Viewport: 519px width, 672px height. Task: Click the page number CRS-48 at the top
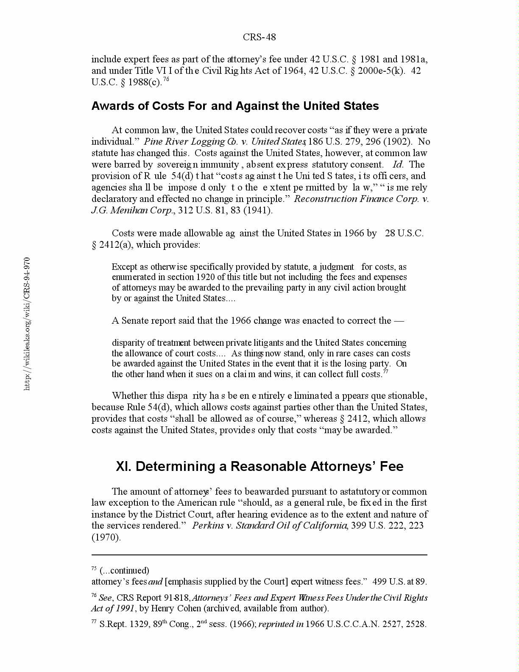point(259,37)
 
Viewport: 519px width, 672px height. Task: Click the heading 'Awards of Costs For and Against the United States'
point(235,106)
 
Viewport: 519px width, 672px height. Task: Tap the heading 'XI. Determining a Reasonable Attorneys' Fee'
point(259,466)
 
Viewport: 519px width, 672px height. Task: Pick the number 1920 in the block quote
point(206,277)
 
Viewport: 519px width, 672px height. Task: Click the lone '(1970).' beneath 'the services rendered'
point(106,537)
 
